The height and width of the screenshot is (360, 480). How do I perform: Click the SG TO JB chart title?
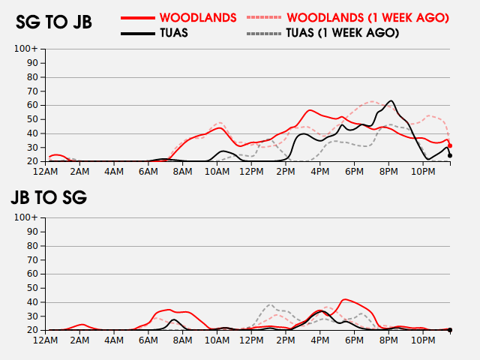point(54,22)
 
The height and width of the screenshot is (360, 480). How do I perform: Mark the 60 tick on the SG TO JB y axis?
point(33,105)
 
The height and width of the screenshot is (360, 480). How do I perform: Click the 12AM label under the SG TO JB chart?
point(46,171)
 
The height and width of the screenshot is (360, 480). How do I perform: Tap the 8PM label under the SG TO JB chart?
point(388,171)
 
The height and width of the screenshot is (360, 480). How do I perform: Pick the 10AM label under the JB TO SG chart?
point(217,340)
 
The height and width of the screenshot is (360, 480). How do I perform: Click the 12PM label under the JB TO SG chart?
point(251,340)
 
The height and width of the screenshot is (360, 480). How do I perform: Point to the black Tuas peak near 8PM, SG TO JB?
point(391,100)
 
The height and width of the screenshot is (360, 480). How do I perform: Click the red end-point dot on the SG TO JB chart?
point(450,145)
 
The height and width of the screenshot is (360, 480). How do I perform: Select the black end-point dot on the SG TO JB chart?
point(450,155)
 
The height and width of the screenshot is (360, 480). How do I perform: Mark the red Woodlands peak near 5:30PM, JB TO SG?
point(344,299)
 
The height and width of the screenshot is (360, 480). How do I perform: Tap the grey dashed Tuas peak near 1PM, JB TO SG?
point(270,304)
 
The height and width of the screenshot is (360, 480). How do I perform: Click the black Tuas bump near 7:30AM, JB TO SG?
point(174,319)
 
